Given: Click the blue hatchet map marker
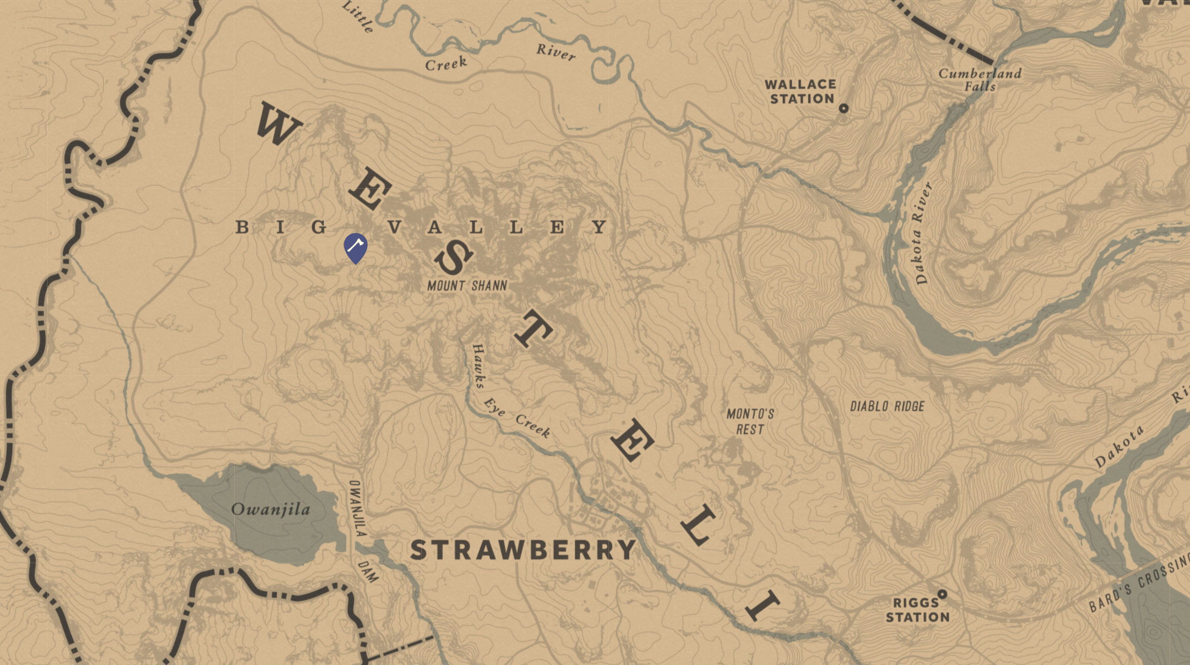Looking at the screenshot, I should click(356, 247).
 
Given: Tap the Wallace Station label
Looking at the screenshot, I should click(800, 92).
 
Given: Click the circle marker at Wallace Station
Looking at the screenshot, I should click(843, 108).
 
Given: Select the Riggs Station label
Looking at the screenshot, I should click(917, 610).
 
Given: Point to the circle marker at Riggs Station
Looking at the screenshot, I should click(942, 594).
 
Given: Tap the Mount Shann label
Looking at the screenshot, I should click(467, 286).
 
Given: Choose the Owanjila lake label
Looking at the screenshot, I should click(270, 509).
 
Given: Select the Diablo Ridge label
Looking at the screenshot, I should click(887, 407).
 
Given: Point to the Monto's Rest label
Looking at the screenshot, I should click(750, 422).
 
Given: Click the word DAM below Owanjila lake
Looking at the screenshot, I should click(368, 571).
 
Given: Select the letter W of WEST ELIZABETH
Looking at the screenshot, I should click(278, 124).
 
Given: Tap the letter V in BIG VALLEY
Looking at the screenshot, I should click(395, 227).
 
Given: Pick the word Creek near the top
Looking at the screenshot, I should click(446, 64).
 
